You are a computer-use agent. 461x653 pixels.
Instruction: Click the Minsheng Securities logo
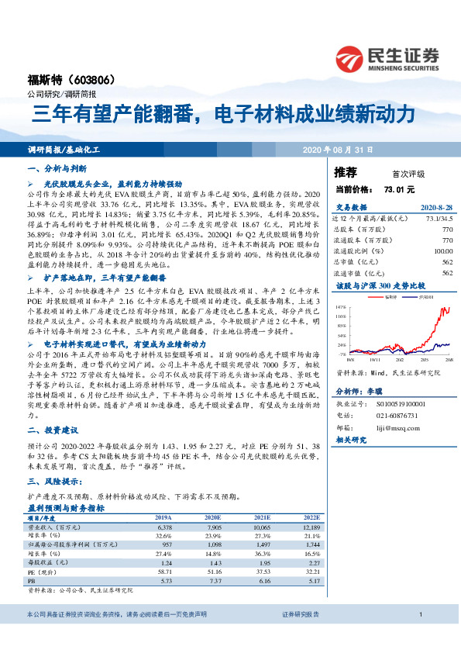[x=387, y=59]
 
